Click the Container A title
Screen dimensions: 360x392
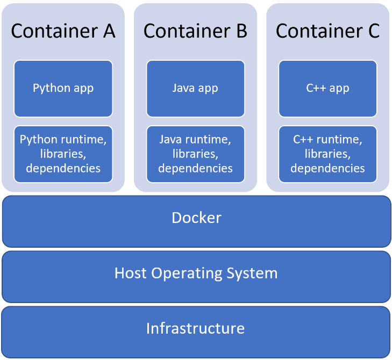63,31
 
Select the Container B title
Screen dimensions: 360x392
195,31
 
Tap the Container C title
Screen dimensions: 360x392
327,31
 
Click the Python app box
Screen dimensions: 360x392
63,88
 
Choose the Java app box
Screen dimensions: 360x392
195,88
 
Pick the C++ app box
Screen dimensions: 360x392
327,88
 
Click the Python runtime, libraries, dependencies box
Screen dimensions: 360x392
63,154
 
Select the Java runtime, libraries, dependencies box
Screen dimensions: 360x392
195,154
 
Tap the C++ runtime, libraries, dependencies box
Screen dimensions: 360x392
327,154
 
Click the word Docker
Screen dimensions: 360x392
196,218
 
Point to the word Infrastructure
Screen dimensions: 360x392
195,328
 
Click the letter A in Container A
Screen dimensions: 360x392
109,31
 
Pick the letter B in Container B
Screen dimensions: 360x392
241,31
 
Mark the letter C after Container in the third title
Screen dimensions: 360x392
374,31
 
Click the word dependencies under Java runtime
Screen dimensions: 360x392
195,168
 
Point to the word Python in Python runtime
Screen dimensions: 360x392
37,140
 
